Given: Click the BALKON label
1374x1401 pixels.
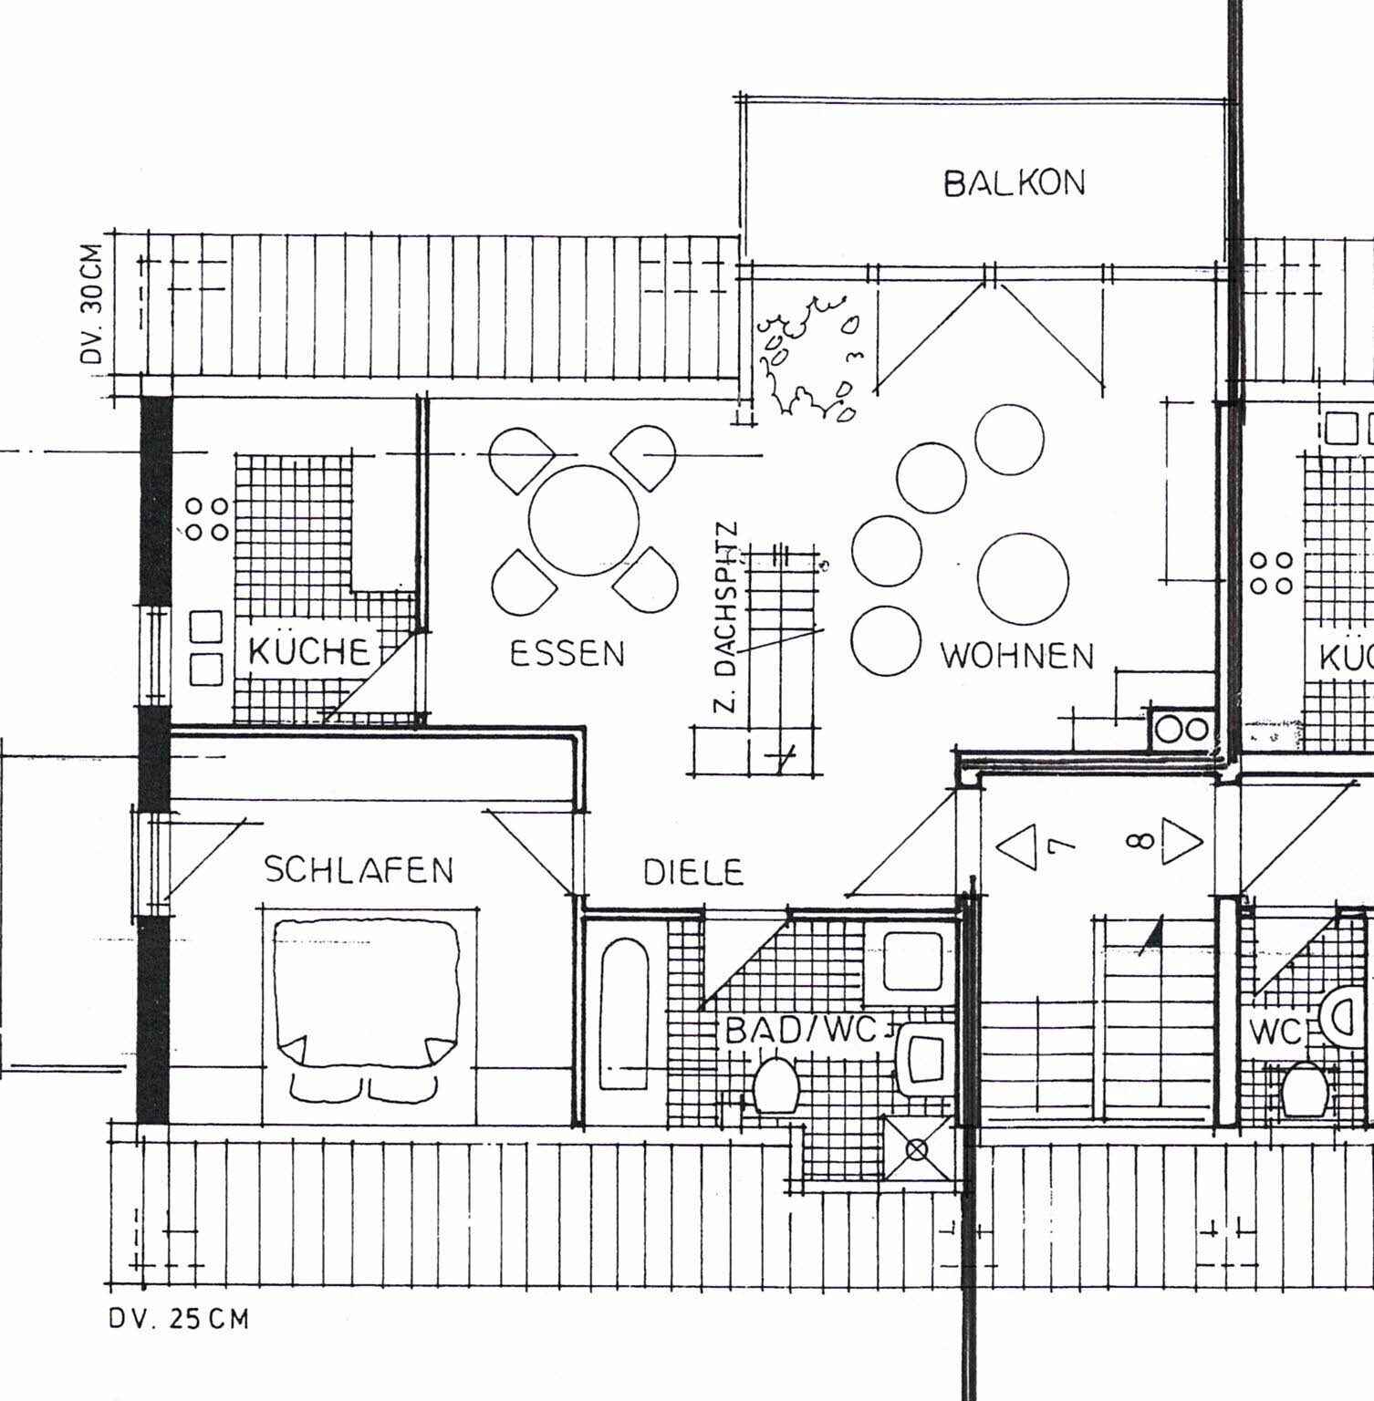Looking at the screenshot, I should tap(1014, 183).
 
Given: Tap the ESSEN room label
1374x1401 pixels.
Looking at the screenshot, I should tap(567, 653).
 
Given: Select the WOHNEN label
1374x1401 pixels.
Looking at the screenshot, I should tap(1016, 655).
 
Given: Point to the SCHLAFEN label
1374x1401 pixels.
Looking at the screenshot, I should tap(359, 869).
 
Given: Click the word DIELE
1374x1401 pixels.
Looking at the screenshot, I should tap(693, 872).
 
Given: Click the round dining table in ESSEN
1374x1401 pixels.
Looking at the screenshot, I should tap(583, 520).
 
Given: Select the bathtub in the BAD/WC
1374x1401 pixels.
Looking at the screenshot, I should tap(624, 1013).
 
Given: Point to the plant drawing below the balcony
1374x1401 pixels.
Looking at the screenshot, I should tap(808, 356).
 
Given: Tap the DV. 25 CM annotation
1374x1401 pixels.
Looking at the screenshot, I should tap(178, 1318).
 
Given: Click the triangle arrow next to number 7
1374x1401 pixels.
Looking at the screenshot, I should tap(1016, 845).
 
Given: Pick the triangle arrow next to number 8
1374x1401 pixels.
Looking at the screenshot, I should tap(1182, 841).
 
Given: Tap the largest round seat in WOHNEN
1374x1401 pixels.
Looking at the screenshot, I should tap(1022, 578).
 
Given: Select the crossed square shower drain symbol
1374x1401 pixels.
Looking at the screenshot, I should tap(917, 1148).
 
